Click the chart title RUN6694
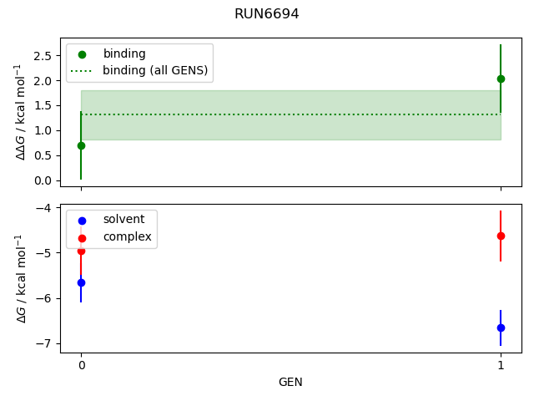click(267, 14)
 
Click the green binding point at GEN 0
click(81, 145)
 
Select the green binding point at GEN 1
click(501, 79)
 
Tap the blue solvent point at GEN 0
click(81, 282)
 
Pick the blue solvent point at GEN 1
click(501, 327)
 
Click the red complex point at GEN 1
click(501, 236)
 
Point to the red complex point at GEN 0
click(81, 251)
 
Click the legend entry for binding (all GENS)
click(154, 70)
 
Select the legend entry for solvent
click(123, 219)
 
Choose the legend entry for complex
click(127, 236)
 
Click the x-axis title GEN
click(290, 382)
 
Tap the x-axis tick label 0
click(81, 365)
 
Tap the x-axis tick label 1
click(501, 365)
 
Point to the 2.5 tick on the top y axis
click(45, 56)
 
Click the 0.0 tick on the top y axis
click(45, 180)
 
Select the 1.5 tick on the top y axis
click(45, 105)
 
